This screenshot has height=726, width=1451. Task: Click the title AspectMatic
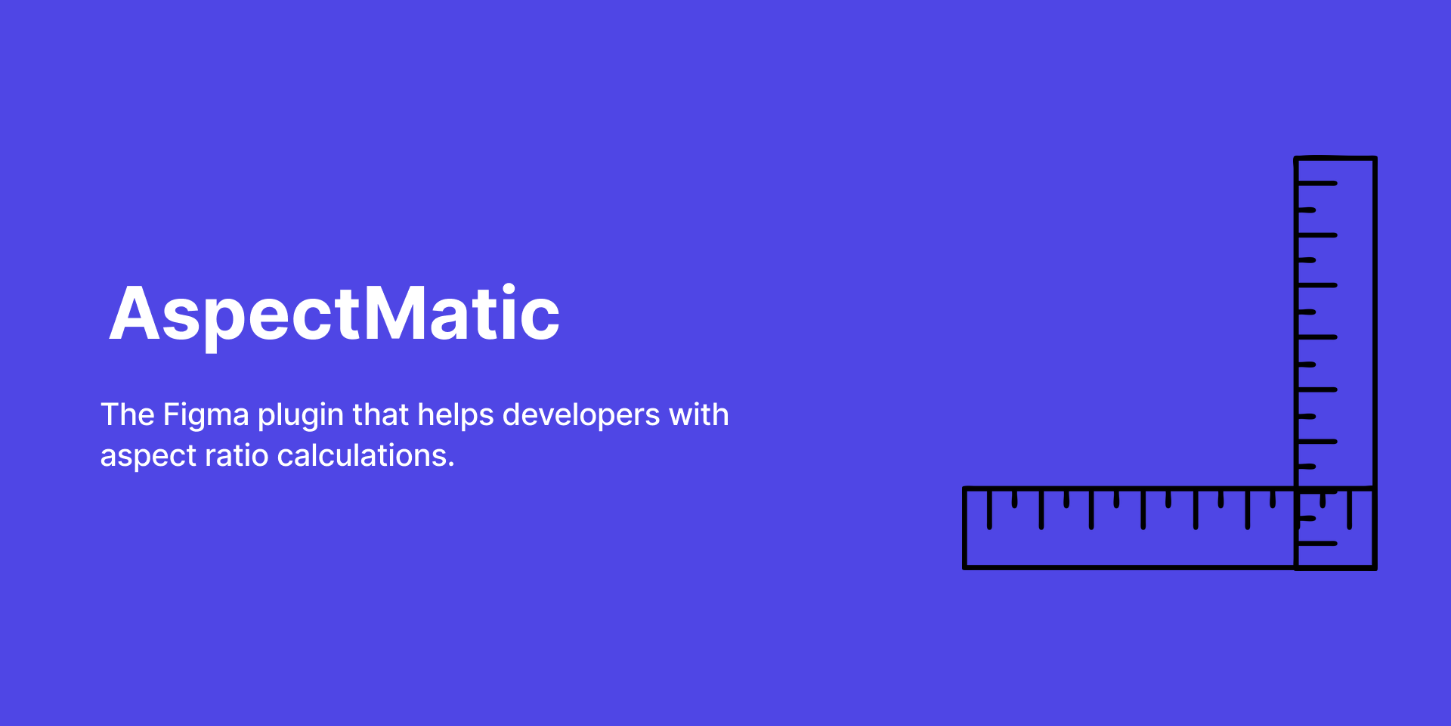coord(335,314)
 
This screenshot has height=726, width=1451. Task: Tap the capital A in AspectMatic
coord(133,313)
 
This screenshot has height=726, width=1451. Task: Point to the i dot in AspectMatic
coord(509,289)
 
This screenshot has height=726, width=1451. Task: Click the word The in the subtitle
coord(128,414)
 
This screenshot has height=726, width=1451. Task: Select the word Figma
coord(206,414)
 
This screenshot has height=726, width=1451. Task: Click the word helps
coord(456,414)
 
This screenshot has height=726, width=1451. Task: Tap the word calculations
coord(362,455)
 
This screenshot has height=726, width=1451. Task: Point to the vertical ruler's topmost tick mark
coord(1317,183)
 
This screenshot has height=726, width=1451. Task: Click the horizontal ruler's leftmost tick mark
coord(989,509)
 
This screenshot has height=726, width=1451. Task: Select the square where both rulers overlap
coord(1335,528)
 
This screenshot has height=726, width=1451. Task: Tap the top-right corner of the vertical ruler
coord(1375,159)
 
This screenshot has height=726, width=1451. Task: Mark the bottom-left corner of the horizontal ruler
coord(966,566)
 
